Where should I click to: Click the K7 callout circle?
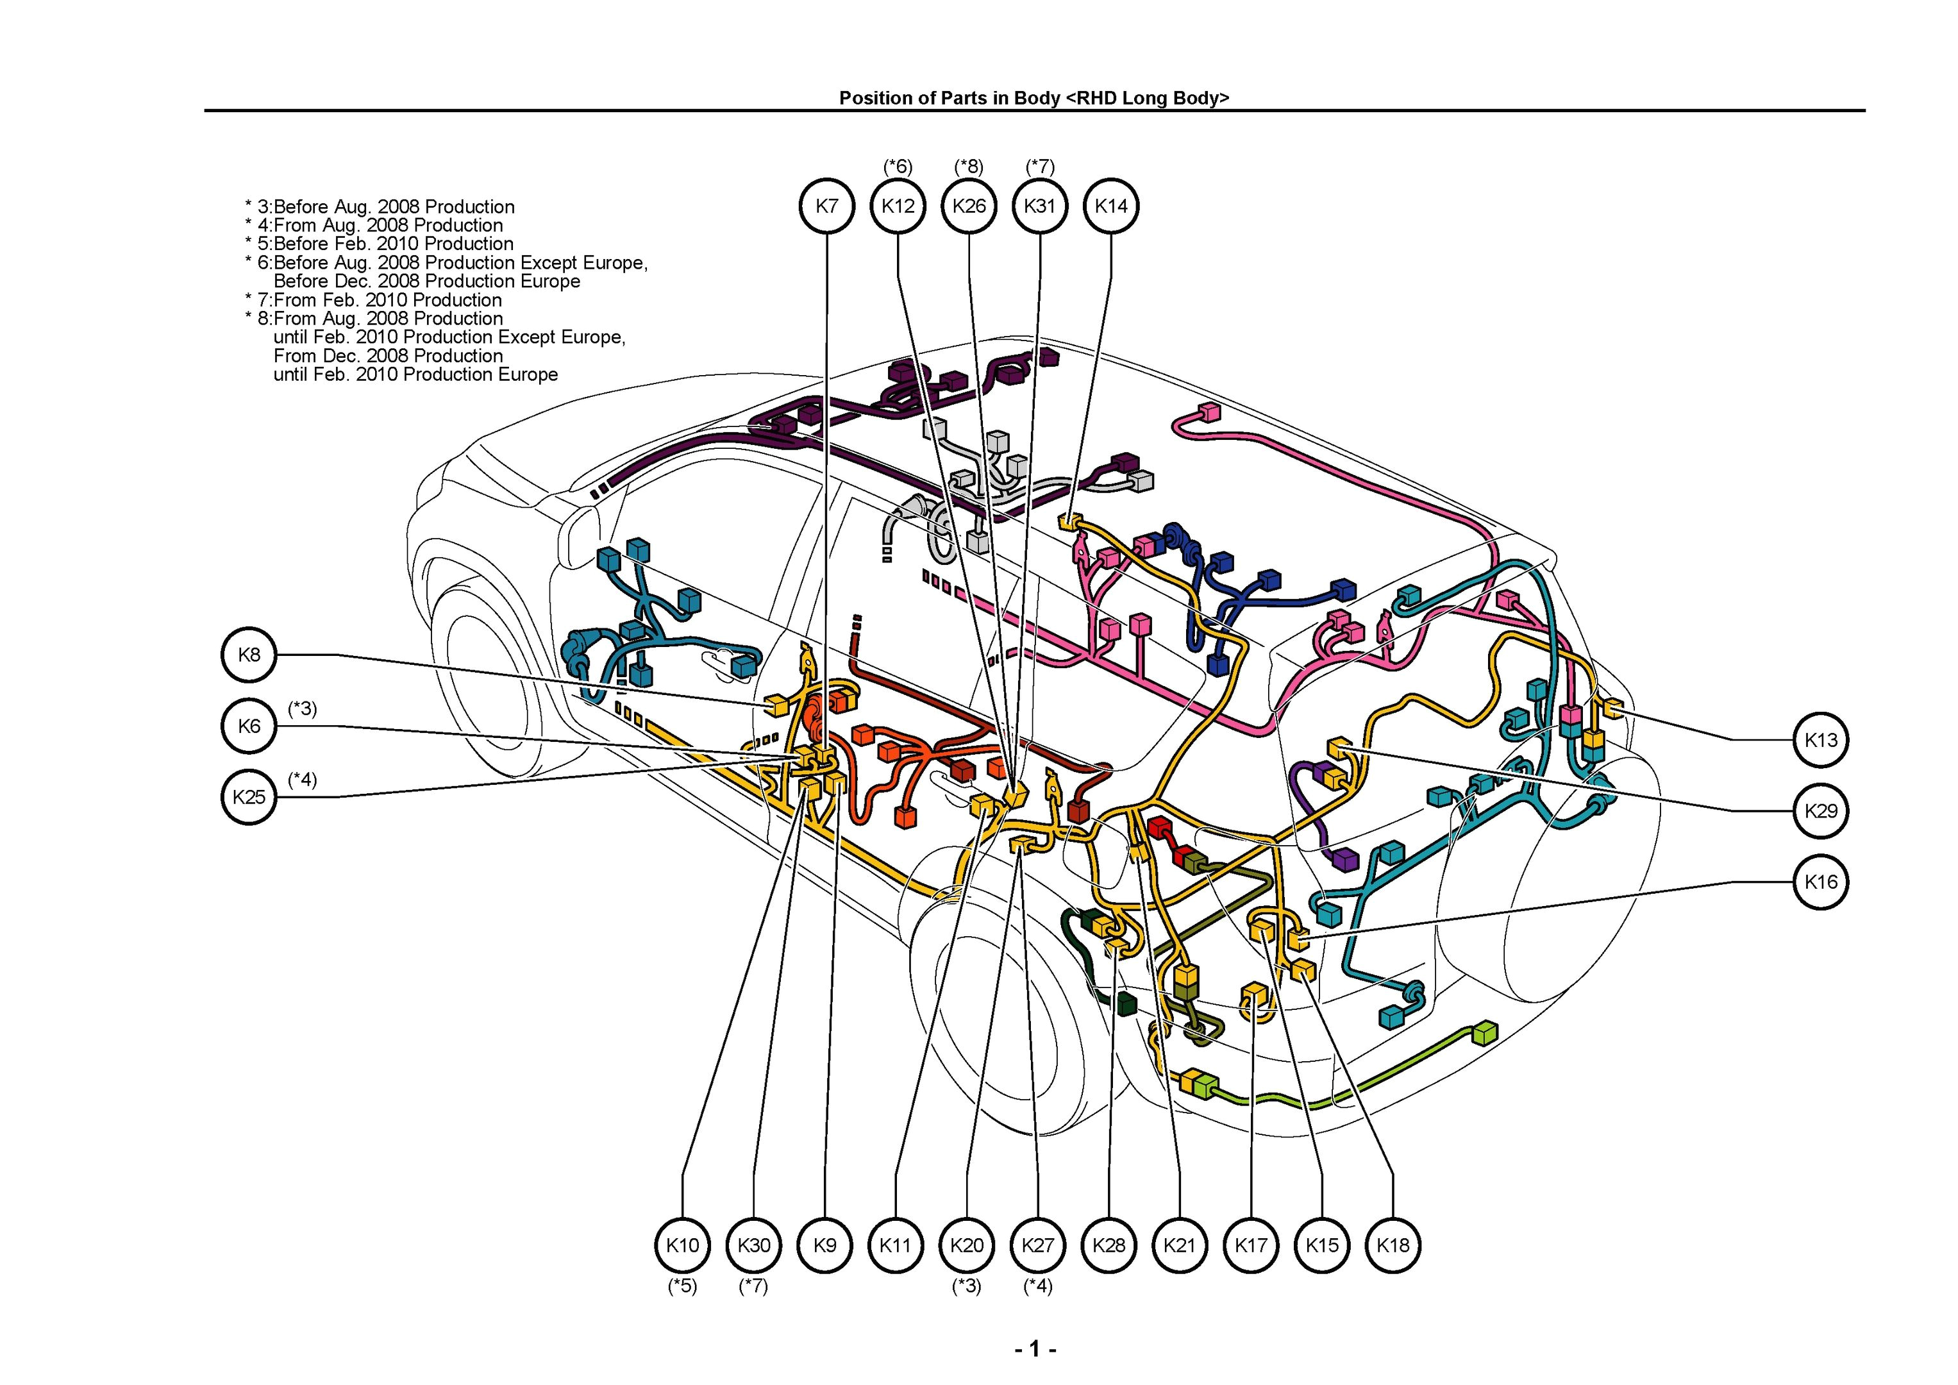pos(826,206)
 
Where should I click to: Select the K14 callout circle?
pos(1111,206)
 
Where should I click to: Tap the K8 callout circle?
pos(248,655)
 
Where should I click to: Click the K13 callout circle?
pos(1821,739)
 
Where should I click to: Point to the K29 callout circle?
pos(1821,810)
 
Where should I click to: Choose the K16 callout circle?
pos(1821,881)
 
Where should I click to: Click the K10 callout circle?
pos(682,1245)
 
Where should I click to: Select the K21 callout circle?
pos(1180,1245)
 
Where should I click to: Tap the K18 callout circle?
pos(1393,1245)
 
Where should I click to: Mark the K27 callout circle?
pos(1038,1245)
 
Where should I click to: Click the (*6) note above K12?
pos(898,165)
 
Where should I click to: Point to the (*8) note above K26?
pos(969,165)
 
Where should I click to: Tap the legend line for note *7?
pos(380,300)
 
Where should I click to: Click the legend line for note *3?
pos(385,207)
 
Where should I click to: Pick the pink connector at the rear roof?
pos(1209,413)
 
